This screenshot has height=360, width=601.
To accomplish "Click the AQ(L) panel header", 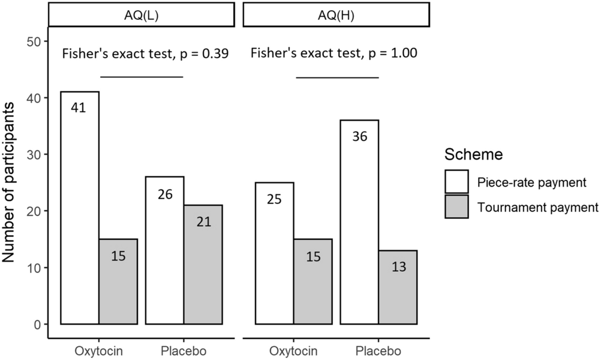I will tap(140, 14).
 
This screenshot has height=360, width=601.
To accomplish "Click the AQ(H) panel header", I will tap(336, 14).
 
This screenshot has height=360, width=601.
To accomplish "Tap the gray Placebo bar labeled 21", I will tap(203, 265).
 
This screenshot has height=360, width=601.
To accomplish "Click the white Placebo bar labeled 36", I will tap(359, 222).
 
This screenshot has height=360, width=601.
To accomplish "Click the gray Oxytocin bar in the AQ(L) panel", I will tap(118, 281).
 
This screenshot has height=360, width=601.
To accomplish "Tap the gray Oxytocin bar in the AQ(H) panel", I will tap(312, 281).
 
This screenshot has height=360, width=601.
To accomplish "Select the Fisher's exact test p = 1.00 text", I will tap(334, 54).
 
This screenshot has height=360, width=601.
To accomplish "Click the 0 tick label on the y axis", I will tap(37, 325).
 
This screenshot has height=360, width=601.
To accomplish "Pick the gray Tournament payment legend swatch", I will tap(459, 207).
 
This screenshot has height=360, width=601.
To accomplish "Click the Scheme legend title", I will tap(473, 155).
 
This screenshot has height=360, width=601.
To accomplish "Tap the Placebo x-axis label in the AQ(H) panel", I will tap(378, 350).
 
